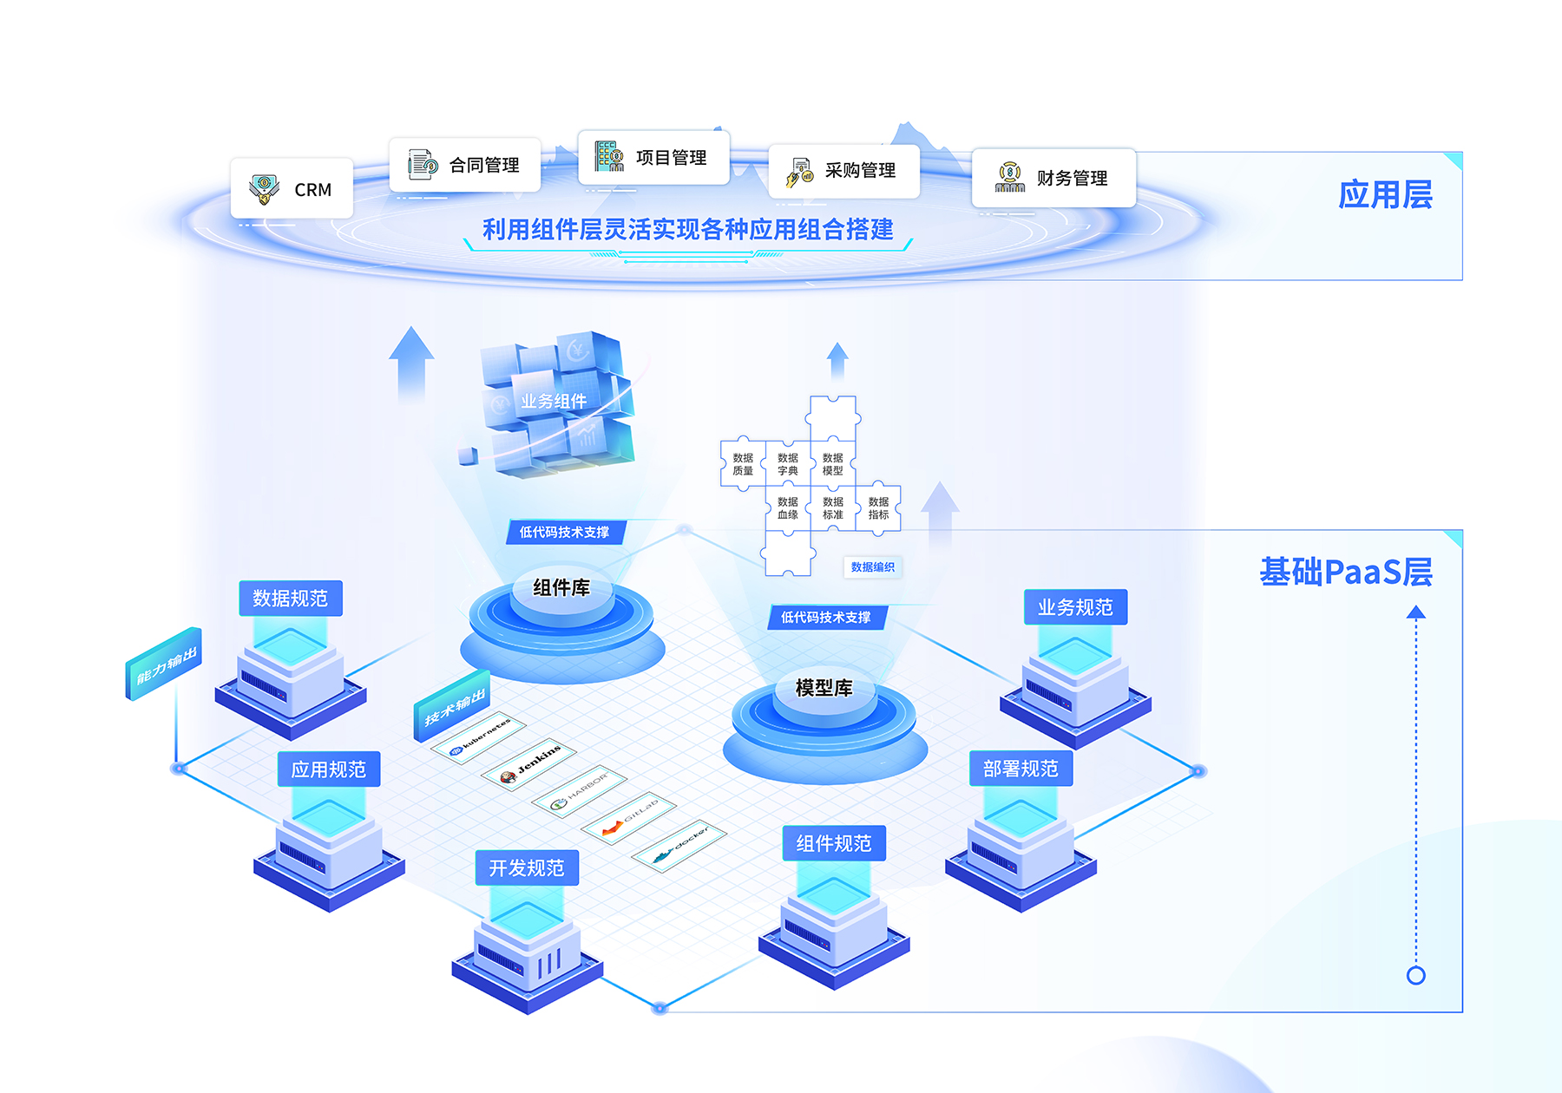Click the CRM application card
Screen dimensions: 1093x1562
pos(292,188)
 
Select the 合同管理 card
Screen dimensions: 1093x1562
pos(465,165)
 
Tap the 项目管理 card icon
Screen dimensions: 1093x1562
pos(609,157)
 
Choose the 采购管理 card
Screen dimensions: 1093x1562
pos(843,171)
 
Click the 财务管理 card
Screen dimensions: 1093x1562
pos(1053,178)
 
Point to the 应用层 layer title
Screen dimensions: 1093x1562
pos(1385,194)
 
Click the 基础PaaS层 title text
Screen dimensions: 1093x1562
pos(1346,573)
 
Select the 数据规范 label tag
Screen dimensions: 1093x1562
pos(291,599)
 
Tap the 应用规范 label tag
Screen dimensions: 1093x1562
pos(329,769)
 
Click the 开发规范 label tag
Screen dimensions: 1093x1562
pos(527,867)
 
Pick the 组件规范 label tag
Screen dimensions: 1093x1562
pos(834,843)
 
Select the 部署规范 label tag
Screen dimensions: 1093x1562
pos(1021,769)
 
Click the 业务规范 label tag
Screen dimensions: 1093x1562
pos(1075,607)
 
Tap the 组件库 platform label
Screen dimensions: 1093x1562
pos(561,588)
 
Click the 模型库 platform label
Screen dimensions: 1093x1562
pos(824,688)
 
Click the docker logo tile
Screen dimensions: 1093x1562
pos(679,846)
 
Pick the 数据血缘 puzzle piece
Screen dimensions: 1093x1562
pos(788,508)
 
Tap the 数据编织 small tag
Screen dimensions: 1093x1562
pos(872,567)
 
